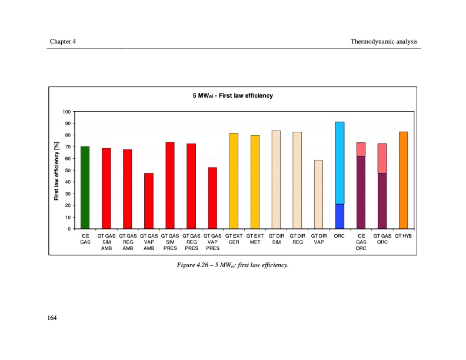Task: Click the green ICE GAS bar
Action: click(85, 188)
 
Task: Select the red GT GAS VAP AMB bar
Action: click(149, 201)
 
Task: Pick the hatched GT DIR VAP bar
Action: click(318, 195)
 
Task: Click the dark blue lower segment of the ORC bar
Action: click(339, 216)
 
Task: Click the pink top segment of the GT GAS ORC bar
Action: click(382, 158)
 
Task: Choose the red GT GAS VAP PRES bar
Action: click(212, 198)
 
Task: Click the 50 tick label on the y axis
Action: click(68, 171)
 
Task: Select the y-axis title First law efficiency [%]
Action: click(56, 171)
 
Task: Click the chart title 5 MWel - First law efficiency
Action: click(233, 95)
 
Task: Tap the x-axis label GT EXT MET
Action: click(255, 238)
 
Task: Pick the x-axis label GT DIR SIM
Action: click(276, 238)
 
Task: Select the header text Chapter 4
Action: click(63, 41)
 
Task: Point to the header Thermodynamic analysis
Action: click(384, 41)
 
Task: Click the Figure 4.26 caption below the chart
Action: click(233, 265)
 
